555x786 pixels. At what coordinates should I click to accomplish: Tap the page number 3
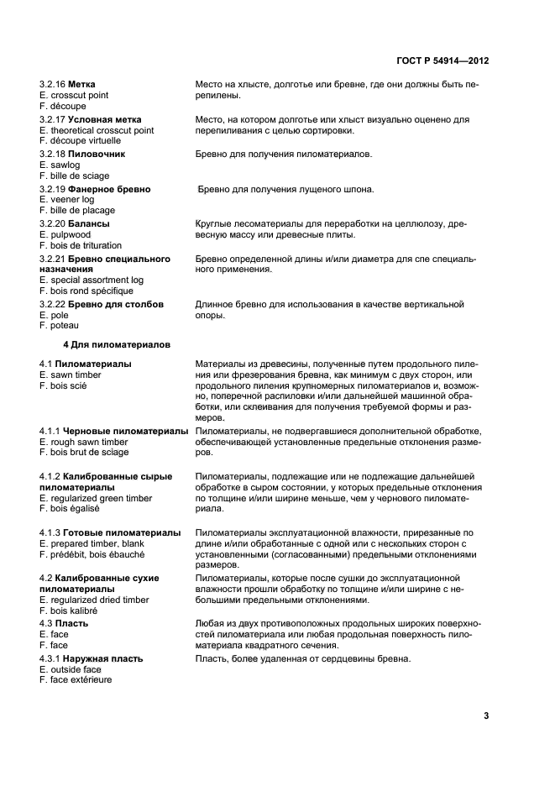click(486, 715)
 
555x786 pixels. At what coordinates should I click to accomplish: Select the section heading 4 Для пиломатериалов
click(117, 344)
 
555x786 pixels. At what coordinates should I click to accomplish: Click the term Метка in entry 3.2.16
click(81, 85)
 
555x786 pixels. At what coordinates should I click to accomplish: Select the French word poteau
click(64, 326)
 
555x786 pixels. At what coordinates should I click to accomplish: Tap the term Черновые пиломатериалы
click(123, 431)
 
